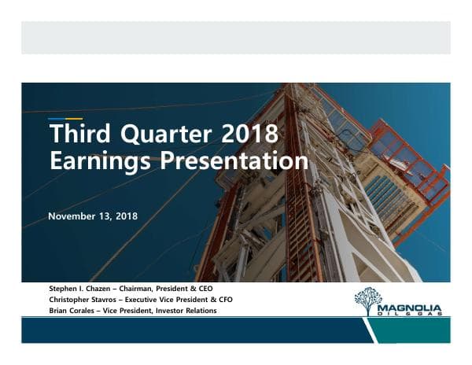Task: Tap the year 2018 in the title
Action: coord(249,133)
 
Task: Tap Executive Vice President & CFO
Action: coord(189,300)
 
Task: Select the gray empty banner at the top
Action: coord(235,38)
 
